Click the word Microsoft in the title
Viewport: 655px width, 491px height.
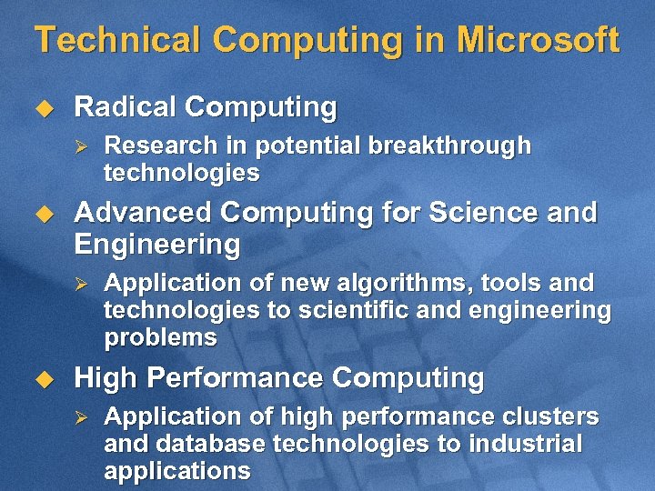click(538, 41)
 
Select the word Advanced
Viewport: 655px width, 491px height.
click(143, 213)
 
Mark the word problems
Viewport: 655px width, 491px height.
click(161, 338)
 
